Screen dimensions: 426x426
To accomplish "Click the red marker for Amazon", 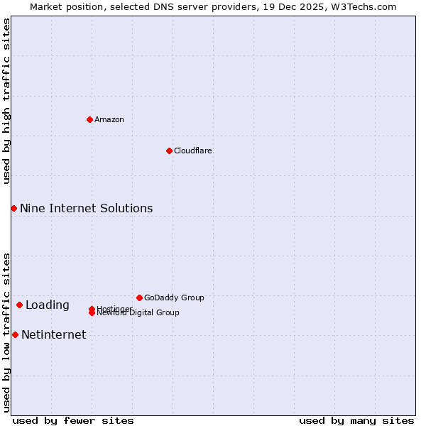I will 89,119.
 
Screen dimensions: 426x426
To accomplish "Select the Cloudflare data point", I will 169,151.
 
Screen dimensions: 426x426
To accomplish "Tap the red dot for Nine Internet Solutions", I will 13,208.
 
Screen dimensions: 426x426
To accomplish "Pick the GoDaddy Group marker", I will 139,297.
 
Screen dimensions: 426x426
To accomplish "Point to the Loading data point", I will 19,305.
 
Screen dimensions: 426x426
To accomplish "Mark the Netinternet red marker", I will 15,334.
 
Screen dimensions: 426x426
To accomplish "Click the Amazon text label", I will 109,119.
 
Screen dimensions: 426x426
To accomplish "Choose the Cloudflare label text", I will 193,151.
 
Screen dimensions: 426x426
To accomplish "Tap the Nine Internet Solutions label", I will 86,208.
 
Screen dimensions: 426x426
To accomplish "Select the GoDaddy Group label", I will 174,297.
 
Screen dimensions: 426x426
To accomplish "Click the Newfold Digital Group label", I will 139,313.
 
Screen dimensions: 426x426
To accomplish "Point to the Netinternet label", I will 53,334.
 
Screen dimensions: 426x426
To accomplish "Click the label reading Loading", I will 48,305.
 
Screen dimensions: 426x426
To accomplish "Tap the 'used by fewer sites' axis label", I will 73,420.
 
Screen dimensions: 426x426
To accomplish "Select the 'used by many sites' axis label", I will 356,420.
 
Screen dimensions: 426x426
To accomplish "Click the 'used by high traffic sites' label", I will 6,101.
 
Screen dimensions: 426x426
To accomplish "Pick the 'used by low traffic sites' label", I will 6,332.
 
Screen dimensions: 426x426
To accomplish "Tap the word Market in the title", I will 45,6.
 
